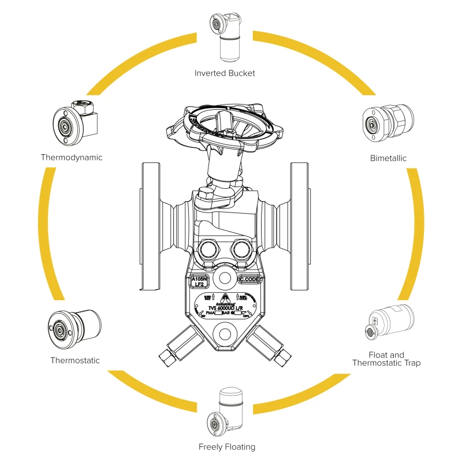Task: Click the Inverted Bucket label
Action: (x=225, y=73)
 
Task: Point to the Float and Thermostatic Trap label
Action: (x=386, y=359)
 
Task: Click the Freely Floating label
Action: (x=226, y=446)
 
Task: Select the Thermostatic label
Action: (x=75, y=360)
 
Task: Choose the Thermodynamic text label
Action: (x=72, y=157)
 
